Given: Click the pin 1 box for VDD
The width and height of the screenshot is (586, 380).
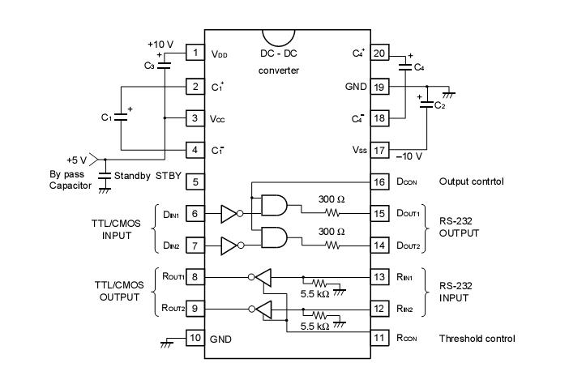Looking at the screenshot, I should tap(195, 53).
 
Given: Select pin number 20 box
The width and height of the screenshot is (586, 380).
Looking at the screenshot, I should tap(379, 53).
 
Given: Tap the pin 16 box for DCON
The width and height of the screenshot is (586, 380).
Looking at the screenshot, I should tap(379, 182).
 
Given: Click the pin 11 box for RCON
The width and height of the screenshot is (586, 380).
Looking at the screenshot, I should tap(379, 338).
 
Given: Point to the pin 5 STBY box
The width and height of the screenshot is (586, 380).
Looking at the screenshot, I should tap(195, 182).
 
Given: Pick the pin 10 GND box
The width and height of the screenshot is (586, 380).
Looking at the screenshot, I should tap(195, 338).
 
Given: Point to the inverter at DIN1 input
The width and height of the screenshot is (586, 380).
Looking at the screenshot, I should tap(230, 214).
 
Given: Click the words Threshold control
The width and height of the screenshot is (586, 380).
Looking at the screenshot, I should tap(477, 339).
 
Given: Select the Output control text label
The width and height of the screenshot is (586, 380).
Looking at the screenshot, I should tap(470, 181).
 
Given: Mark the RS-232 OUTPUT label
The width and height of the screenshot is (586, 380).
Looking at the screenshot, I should tap(459, 227).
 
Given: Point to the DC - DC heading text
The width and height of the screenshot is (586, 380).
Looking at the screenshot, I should tap(278, 53).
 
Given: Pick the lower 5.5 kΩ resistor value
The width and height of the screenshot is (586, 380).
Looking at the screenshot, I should tap(313, 327).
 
